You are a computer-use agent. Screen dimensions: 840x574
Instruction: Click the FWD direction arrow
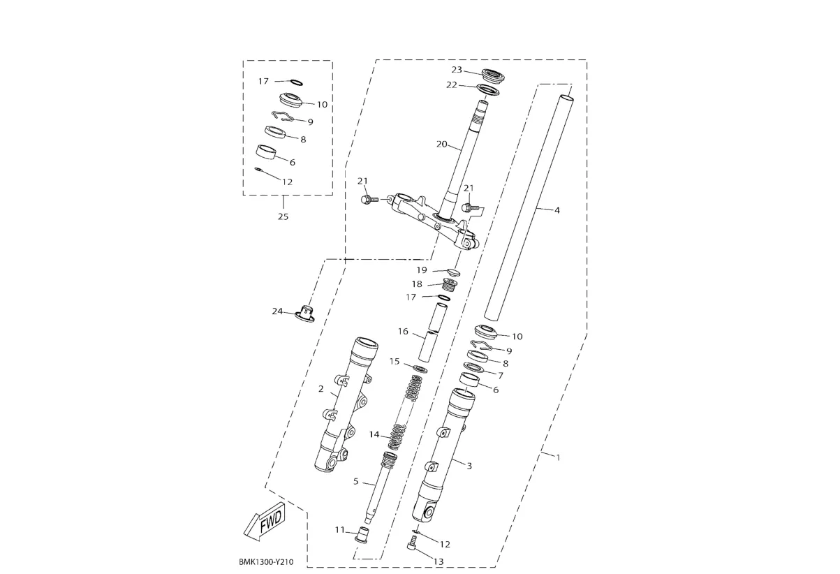coord(265,522)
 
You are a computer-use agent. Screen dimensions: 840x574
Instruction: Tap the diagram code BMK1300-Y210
coord(266,562)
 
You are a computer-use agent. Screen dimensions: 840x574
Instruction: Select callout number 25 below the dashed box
coord(283,216)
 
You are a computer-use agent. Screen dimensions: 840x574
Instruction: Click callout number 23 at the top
coord(457,70)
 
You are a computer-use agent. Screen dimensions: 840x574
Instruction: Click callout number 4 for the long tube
coord(557,210)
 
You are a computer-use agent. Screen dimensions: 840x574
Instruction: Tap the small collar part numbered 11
coord(361,534)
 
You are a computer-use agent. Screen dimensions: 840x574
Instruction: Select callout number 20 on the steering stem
coord(442,144)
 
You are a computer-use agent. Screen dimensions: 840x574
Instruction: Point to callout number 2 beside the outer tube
coord(320,389)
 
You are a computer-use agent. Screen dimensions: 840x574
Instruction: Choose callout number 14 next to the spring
coord(374,434)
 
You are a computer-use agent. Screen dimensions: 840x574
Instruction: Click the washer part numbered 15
coord(420,369)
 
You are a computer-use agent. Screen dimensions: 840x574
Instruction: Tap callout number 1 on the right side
coord(558,457)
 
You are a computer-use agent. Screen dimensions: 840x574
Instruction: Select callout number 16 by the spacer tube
coord(403,332)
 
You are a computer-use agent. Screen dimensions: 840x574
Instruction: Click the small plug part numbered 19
coord(453,271)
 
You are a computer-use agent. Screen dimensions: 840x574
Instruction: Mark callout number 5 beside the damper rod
coord(356,481)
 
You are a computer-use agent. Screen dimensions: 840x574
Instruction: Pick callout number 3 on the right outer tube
coord(469,466)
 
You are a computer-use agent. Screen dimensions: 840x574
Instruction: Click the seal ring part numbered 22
coord(488,90)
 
